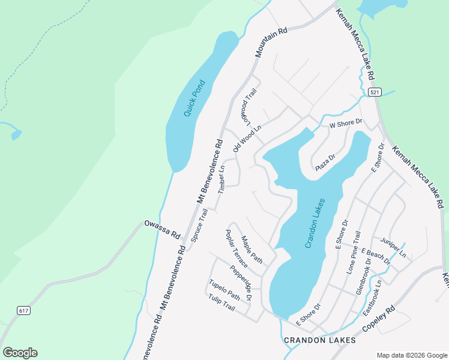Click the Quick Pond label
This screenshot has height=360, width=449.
(x=195, y=98)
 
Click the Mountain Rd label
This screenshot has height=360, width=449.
(x=271, y=42)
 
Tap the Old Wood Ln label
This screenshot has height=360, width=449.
(x=247, y=138)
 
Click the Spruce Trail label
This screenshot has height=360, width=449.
(x=199, y=224)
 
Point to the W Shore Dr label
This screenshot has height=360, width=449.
(x=346, y=122)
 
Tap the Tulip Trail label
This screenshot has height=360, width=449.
(x=221, y=302)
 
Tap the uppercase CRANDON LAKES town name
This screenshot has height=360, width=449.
(x=319, y=340)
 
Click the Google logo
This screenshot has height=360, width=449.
(x=20, y=353)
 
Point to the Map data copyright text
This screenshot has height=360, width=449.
(x=411, y=355)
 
